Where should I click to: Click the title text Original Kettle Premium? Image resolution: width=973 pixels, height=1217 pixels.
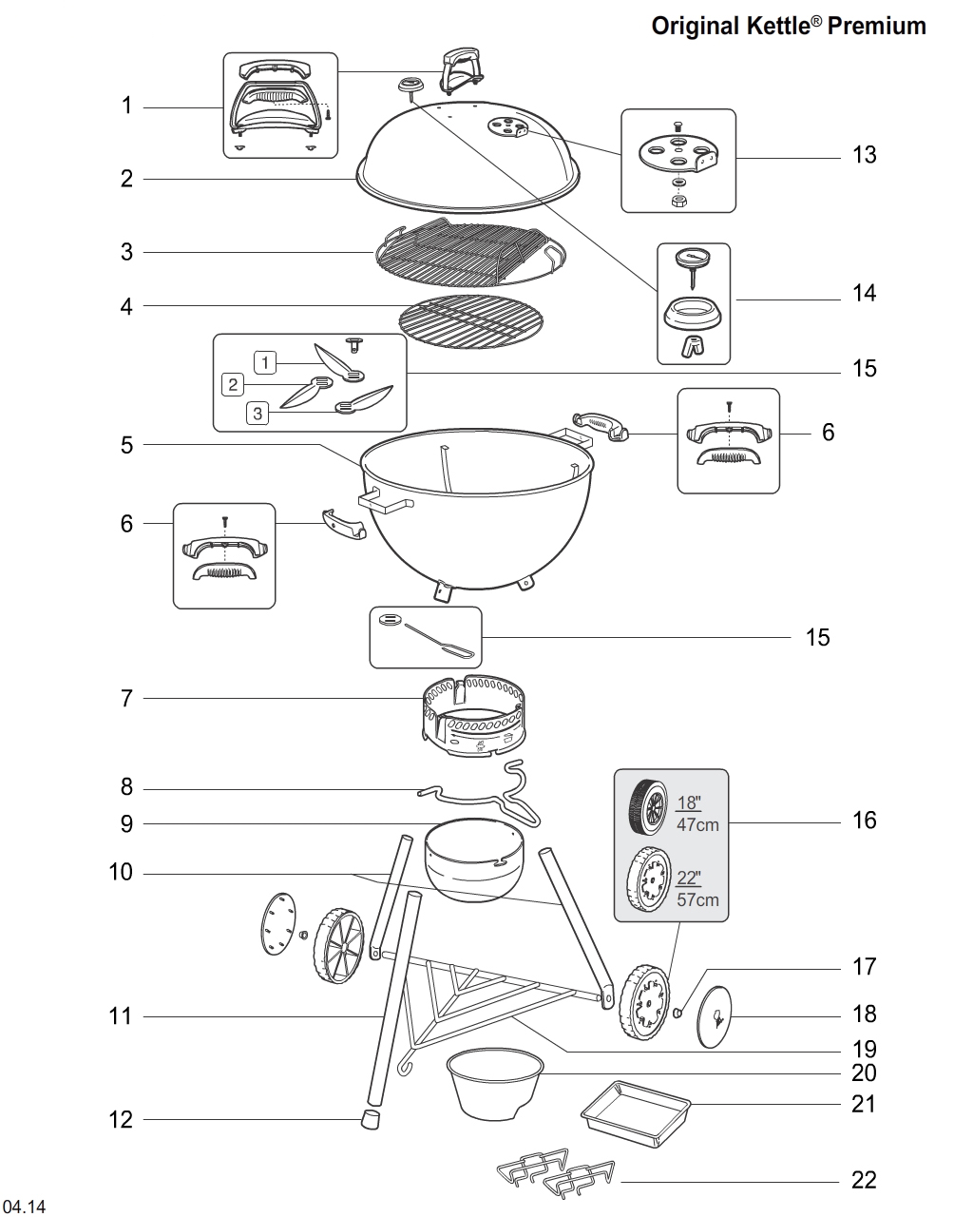[788, 26]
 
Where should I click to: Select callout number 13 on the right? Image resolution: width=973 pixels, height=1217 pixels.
[864, 155]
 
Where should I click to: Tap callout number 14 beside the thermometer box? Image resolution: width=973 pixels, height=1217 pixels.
[864, 293]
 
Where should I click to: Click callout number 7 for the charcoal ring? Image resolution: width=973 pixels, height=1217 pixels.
[126, 699]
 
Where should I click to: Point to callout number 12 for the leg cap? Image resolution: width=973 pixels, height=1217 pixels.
[121, 1120]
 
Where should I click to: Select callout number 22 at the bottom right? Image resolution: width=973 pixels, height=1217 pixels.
[864, 1180]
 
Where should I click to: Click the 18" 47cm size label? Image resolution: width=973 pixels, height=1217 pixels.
[696, 813]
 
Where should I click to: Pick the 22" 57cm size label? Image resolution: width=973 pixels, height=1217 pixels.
[696, 888]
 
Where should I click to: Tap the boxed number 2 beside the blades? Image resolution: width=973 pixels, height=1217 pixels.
[232, 385]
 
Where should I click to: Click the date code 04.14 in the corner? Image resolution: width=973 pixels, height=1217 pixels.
[26, 1207]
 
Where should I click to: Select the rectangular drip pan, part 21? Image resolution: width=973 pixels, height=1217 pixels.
[634, 1110]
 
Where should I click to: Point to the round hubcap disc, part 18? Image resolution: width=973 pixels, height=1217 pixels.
[717, 1017]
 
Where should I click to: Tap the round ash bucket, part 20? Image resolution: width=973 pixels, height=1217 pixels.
[494, 1081]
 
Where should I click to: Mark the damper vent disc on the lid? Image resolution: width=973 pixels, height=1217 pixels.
[506, 126]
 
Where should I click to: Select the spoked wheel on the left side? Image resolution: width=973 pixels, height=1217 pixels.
[336, 946]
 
